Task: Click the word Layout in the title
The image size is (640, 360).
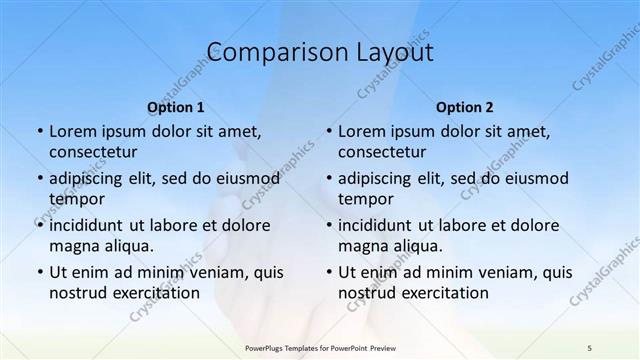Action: click(393, 52)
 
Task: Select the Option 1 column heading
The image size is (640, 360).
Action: click(176, 106)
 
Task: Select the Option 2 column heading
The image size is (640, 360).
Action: click(465, 106)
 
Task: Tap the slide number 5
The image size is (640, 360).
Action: click(590, 346)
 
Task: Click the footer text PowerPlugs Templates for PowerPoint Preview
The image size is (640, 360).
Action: click(319, 346)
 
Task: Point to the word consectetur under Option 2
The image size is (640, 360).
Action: click(383, 153)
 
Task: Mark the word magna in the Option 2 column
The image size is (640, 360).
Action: click(360, 245)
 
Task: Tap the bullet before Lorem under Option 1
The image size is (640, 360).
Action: click(39, 131)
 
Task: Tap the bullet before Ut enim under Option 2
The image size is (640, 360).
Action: click(329, 272)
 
